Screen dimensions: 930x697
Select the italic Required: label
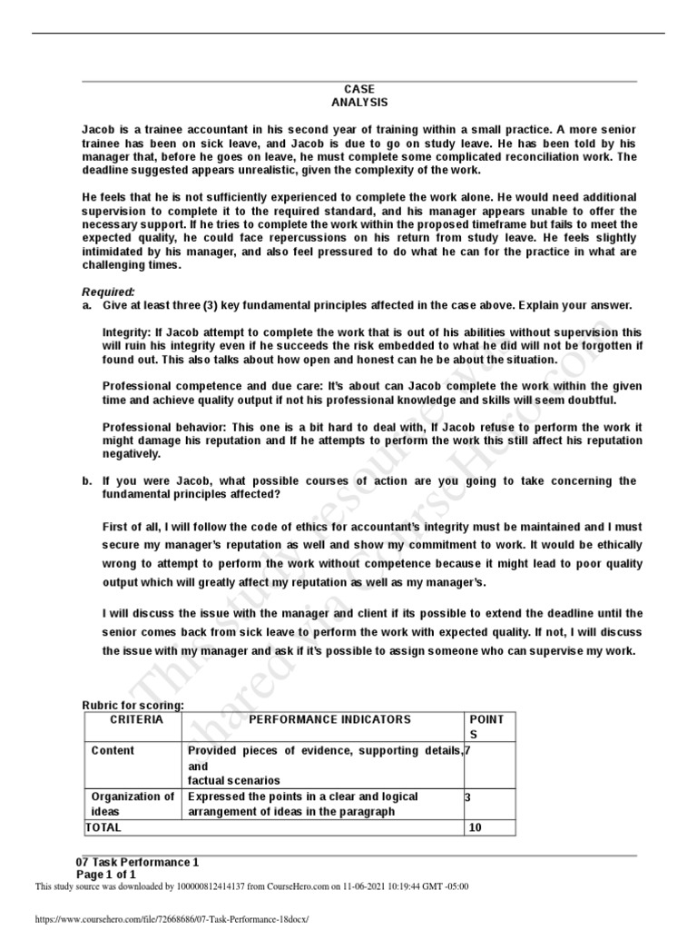click(108, 292)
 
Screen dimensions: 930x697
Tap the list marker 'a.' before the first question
click(87, 305)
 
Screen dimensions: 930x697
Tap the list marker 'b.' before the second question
click(87, 480)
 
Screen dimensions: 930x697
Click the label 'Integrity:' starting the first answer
click(128, 332)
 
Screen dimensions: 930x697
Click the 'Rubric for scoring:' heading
click(133, 706)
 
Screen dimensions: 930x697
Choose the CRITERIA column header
click(136, 719)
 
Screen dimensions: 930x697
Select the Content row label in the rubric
click(113, 750)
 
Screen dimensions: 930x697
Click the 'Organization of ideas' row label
click(133, 804)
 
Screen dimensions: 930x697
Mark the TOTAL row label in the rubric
click(103, 827)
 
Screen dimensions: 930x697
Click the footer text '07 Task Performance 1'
click(137, 861)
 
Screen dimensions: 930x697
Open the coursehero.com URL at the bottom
click(172, 919)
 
